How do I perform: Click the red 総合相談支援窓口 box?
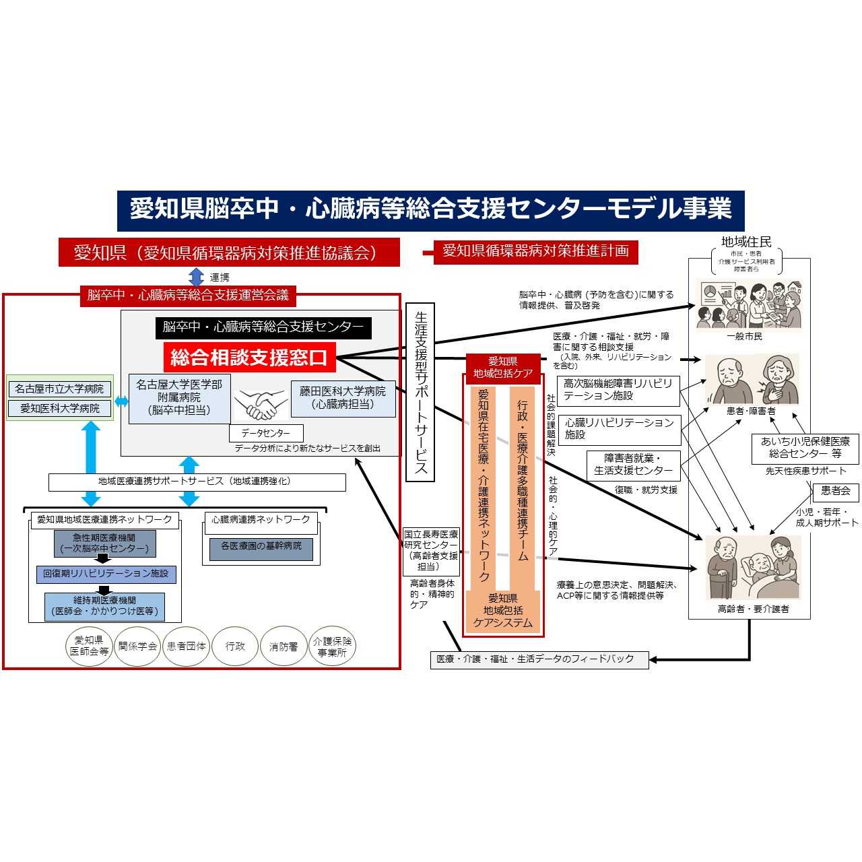click(x=249, y=357)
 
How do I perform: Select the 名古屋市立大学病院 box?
click(x=60, y=389)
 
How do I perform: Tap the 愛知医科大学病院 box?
click(x=60, y=408)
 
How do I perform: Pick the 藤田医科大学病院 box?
click(x=343, y=398)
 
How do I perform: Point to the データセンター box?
click(x=266, y=433)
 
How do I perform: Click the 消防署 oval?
click(x=284, y=646)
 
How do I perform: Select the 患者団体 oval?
click(x=186, y=646)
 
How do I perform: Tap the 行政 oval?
click(x=235, y=646)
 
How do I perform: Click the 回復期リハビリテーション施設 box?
click(x=106, y=574)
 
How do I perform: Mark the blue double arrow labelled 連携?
click(x=196, y=277)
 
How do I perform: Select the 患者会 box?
click(x=835, y=491)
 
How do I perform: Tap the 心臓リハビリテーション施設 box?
click(x=619, y=429)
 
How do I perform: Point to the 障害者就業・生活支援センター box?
click(x=633, y=465)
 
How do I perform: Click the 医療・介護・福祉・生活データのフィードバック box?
click(x=539, y=659)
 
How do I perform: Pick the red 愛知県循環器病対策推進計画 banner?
click(x=535, y=251)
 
